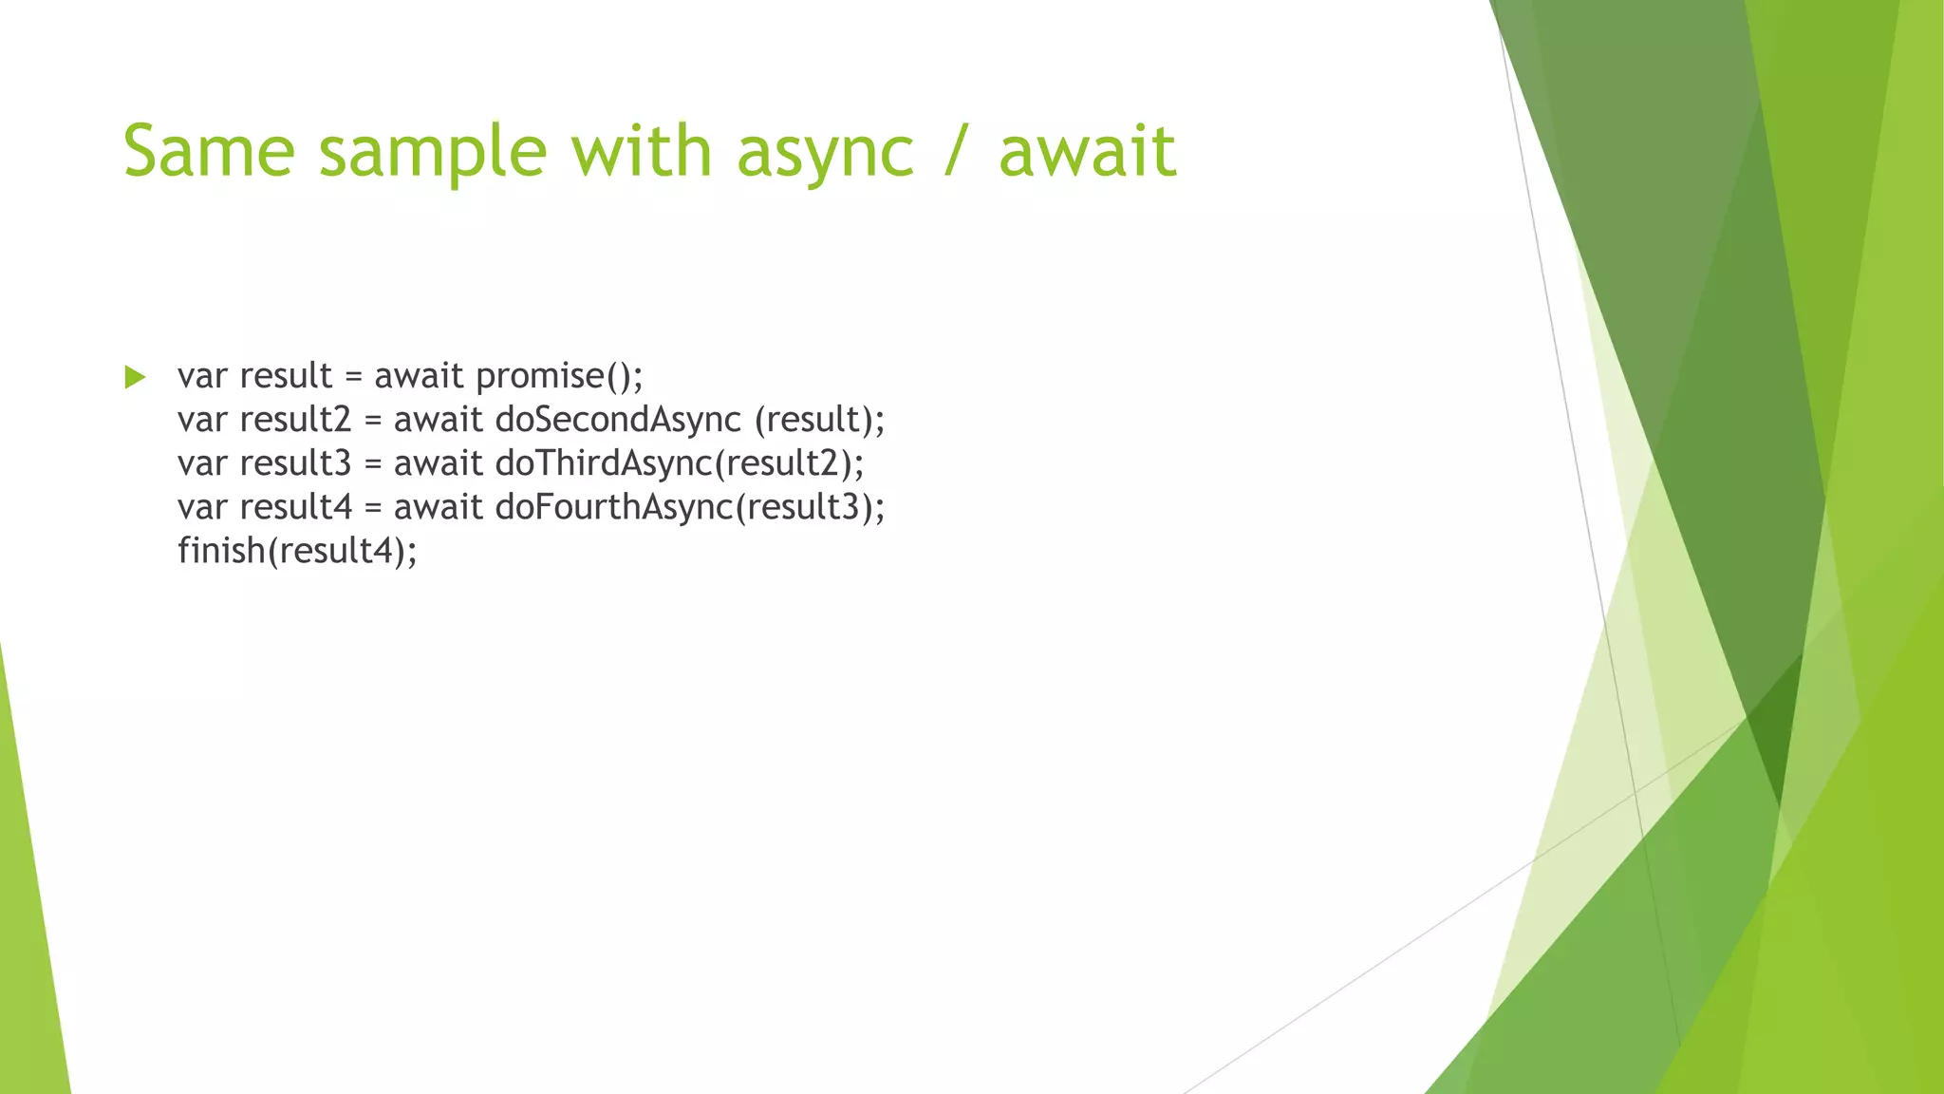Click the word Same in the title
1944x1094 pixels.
(x=209, y=152)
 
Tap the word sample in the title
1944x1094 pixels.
(x=433, y=155)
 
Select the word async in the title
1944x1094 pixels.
(x=825, y=155)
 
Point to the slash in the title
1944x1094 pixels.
(x=956, y=152)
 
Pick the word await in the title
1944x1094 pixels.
(x=1087, y=152)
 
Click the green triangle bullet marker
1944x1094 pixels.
(x=135, y=377)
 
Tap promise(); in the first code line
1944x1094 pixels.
(x=559, y=377)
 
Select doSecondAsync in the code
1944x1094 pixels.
(x=618, y=421)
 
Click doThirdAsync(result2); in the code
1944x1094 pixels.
(x=680, y=463)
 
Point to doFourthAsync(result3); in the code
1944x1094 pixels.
(x=690, y=507)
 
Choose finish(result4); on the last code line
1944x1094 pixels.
(x=297, y=551)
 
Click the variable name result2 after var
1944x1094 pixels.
(x=295, y=420)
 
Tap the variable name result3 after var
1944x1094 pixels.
(x=295, y=463)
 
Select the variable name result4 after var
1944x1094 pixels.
(x=295, y=507)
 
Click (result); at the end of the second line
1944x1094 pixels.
(x=819, y=420)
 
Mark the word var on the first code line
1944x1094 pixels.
(x=201, y=377)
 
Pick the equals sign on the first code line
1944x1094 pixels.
(x=353, y=377)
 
